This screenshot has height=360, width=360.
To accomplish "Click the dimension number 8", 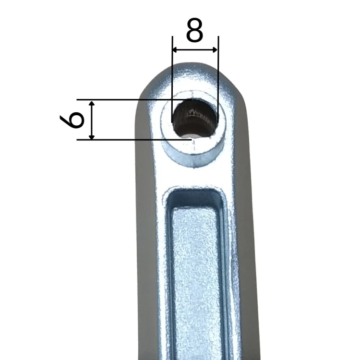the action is [x=195, y=30].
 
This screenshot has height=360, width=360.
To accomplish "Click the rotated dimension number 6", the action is [x=72, y=120].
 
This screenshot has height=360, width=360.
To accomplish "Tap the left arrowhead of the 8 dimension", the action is [x=175, y=49].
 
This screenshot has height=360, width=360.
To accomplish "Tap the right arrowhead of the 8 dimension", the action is [x=215, y=49].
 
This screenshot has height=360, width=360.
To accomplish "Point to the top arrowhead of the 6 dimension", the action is [x=92, y=103].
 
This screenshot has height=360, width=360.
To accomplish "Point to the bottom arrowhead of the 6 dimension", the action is [x=92, y=137].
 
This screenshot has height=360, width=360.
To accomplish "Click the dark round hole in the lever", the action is [x=194, y=118].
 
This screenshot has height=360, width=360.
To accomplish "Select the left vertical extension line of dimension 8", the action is [x=172, y=79].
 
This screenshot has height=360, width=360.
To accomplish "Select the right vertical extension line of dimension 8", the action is [x=218, y=79].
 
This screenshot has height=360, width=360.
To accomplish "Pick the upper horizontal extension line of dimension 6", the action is [x=134, y=100].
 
